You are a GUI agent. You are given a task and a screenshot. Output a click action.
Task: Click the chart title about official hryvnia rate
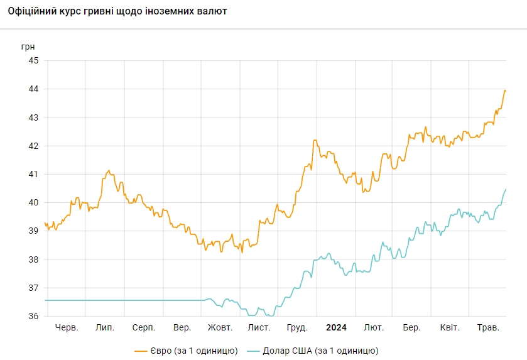117,12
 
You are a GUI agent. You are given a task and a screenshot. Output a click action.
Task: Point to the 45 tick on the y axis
34,61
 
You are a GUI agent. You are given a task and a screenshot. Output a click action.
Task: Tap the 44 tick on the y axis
34,89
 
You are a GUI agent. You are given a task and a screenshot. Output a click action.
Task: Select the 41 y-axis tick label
34,174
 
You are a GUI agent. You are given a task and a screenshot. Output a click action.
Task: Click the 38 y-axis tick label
34,259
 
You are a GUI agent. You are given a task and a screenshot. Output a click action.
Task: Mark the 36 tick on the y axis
34,316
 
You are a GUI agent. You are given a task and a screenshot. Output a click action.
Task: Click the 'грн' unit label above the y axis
28,46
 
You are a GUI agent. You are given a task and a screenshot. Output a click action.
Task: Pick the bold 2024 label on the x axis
336,328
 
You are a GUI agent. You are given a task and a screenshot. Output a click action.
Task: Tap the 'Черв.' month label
67,328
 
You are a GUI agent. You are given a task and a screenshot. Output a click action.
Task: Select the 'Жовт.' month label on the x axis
220,328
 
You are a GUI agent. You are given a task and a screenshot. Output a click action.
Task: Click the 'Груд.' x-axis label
296,328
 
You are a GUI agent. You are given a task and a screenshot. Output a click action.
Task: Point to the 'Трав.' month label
488,328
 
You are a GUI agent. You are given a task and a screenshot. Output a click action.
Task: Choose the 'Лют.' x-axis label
374,328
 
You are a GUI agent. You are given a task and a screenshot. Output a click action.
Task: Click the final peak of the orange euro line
505,90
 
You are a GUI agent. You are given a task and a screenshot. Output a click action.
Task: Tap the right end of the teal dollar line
506,189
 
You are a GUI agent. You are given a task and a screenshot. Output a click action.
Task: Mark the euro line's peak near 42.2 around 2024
315,140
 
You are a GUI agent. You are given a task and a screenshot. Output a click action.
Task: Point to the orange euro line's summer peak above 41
109,170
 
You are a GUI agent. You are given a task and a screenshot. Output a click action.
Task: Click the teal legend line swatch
253,351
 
